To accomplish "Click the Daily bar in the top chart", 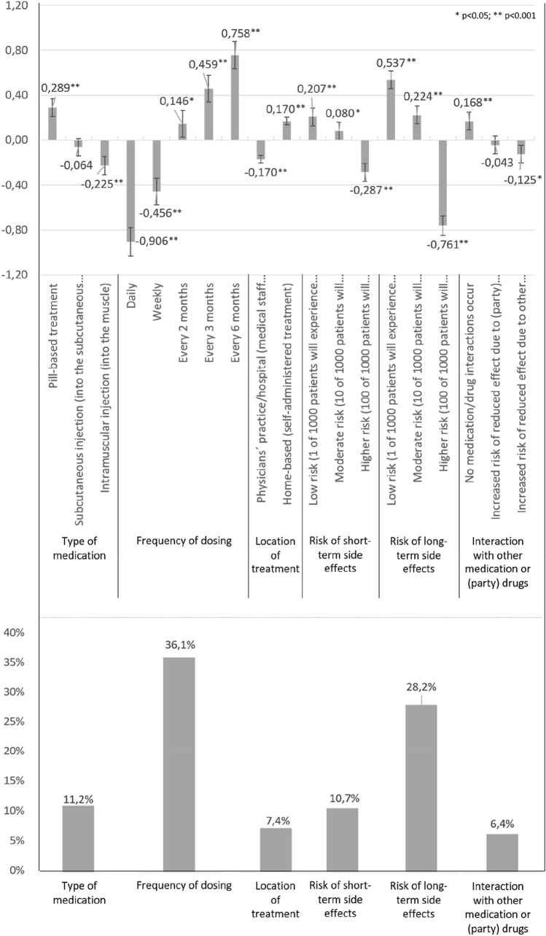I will point(130,190).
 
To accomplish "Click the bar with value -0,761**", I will point(442,182).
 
